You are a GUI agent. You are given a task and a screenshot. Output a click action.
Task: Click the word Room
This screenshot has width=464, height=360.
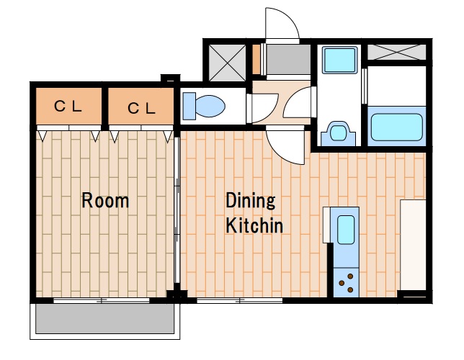(x=105, y=200)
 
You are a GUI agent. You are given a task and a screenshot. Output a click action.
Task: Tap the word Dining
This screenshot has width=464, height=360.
(x=251, y=201)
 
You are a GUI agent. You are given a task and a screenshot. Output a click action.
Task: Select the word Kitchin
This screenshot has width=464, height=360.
(x=254, y=225)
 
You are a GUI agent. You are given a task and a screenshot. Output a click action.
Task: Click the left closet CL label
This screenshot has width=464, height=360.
(x=68, y=106)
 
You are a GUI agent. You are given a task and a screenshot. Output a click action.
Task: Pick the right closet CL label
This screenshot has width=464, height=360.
(x=141, y=108)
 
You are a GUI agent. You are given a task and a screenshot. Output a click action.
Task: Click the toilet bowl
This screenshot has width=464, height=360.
(x=210, y=106)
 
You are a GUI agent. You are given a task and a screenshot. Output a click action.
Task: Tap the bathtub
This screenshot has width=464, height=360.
(x=396, y=127)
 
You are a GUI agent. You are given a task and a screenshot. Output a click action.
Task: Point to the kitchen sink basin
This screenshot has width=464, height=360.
(x=346, y=230)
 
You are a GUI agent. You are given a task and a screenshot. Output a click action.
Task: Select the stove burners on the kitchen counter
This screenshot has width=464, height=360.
(x=347, y=282)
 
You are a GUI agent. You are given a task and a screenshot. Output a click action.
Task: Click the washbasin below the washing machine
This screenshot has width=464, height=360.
(x=338, y=134)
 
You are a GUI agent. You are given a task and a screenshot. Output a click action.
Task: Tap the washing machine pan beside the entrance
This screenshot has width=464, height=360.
(x=339, y=60)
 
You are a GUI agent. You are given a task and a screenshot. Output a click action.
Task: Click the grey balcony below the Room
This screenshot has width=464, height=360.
(x=104, y=318)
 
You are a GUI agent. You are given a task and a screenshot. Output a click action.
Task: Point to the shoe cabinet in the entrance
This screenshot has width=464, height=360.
(x=256, y=59)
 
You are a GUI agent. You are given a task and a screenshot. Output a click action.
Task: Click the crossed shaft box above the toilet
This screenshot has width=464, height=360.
(x=227, y=63)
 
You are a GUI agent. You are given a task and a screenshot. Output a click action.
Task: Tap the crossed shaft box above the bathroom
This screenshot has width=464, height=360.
(x=396, y=52)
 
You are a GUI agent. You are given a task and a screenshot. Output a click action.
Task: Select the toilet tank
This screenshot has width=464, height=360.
(x=189, y=106)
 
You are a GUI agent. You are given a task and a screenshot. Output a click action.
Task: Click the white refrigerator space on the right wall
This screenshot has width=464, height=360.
(x=413, y=245)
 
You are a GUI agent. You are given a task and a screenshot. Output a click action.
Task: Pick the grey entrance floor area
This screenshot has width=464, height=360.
(x=288, y=59)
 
